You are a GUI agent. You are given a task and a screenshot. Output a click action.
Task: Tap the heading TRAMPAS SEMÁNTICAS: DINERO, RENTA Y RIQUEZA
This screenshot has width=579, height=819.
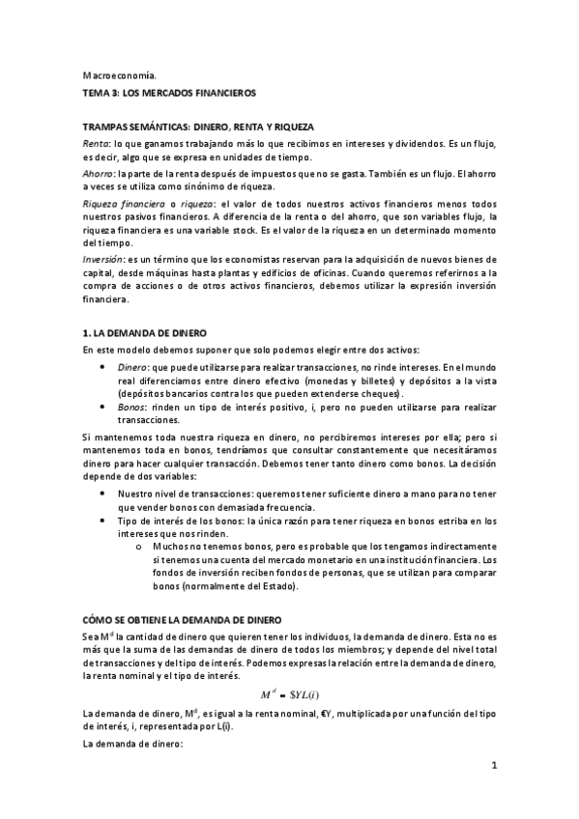pyautogui.click(x=198, y=127)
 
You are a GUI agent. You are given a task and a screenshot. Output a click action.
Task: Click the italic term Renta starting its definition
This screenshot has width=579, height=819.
pyautogui.click(x=95, y=143)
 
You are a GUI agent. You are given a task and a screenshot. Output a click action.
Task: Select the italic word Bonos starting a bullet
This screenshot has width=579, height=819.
pyautogui.click(x=132, y=408)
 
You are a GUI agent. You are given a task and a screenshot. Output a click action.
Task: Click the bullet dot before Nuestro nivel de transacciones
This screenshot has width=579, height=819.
pyautogui.click(x=103, y=494)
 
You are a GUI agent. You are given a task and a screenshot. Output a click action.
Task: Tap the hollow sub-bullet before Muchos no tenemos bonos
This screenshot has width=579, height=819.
pyautogui.click(x=141, y=547)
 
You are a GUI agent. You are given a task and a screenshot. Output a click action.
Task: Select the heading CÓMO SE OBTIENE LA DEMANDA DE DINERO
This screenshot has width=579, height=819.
pyautogui.click(x=184, y=619)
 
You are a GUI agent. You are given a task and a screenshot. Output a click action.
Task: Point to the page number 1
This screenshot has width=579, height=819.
pyautogui.click(x=493, y=767)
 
